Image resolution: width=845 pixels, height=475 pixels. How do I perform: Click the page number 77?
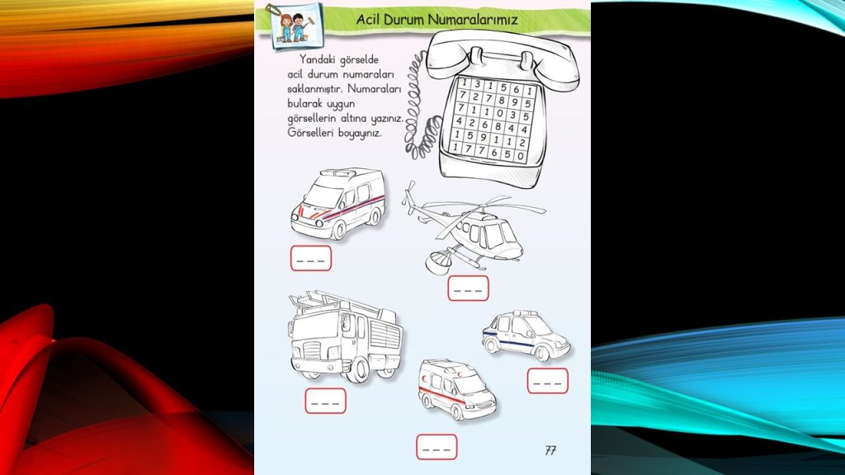coord(550,449)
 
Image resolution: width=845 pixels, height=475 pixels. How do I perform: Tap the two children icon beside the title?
coord(289,24)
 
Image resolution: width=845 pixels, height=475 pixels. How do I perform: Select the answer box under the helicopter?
coord(468,289)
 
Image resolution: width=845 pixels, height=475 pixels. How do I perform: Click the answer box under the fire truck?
coord(325,401)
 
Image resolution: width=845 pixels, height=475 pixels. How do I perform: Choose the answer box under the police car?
coord(547,381)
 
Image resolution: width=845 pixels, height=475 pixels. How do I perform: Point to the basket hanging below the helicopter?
coord(437,262)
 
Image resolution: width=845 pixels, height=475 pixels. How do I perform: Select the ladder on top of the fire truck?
coord(338,303)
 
